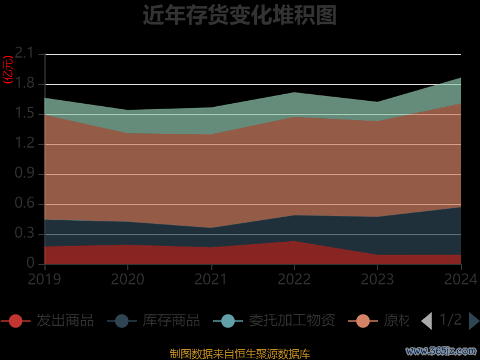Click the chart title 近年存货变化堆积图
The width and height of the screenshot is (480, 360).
(x=239, y=15)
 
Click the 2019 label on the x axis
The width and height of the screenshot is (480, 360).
(x=44, y=279)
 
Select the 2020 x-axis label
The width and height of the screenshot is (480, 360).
(x=128, y=279)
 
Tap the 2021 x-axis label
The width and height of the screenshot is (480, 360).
(x=211, y=279)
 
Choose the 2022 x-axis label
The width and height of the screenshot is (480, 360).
(x=294, y=279)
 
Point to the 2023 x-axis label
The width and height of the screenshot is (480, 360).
(x=377, y=279)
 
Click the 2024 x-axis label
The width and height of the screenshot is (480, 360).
(x=460, y=279)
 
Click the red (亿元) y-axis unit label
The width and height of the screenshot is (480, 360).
(x=8, y=70)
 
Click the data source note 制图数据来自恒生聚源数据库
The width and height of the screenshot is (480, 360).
(x=239, y=353)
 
